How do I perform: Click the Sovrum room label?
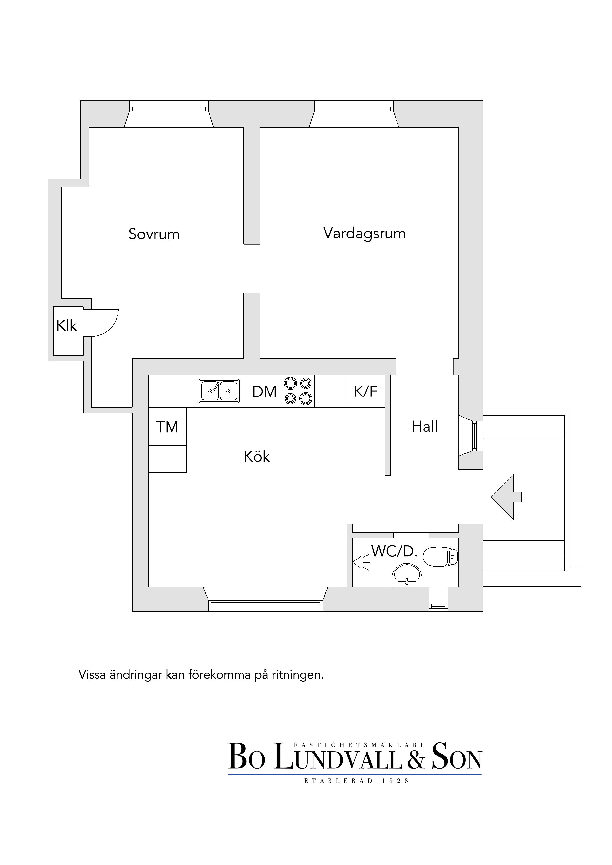pos(154,234)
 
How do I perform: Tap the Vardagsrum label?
pos(364,234)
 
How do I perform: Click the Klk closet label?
pos(67,325)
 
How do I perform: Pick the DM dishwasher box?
pos(266,391)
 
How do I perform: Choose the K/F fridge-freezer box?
pos(366,391)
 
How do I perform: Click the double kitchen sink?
pos(219,391)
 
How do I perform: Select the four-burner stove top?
pos(298,391)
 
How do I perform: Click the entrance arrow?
pos(506,497)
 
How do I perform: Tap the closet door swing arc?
pos(112,326)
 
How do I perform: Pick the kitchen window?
pos(266,603)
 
